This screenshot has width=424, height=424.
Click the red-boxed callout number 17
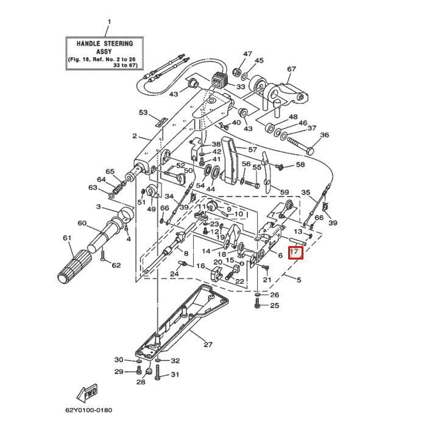pyautogui.click(x=295, y=252)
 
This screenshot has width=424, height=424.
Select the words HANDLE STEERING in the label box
pyautogui.click(x=105, y=44)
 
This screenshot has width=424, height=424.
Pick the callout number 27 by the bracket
pyautogui.click(x=208, y=345)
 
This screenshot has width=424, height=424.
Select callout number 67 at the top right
pyautogui.click(x=291, y=69)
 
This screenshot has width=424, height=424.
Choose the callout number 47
pyautogui.click(x=247, y=54)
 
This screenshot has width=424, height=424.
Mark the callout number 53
pyautogui.click(x=144, y=113)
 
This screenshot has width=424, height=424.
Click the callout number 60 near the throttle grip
pyautogui.click(x=82, y=224)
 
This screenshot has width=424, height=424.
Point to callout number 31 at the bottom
pyautogui.click(x=175, y=375)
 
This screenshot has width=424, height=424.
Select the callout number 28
pyautogui.click(x=141, y=383)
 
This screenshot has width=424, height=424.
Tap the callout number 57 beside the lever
pyautogui.click(x=252, y=149)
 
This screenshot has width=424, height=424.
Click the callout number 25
pyautogui.click(x=274, y=305)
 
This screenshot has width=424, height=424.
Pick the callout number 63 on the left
pyautogui.click(x=93, y=188)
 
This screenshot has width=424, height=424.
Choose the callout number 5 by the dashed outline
pyautogui.click(x=299, y=280)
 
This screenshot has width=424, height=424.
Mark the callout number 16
pyautogui.click(x=200, y=266)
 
